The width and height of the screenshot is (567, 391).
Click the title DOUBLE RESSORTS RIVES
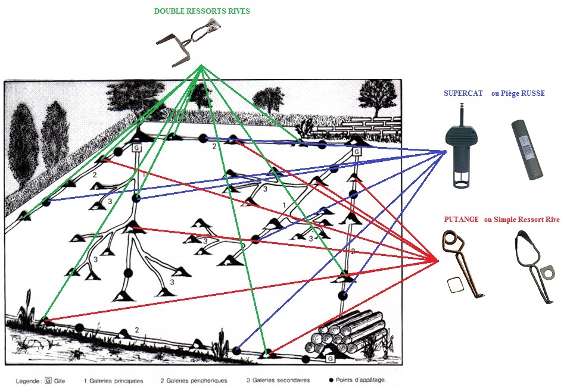202,11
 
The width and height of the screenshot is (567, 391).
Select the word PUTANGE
462,220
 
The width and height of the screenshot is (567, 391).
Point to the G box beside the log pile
330,359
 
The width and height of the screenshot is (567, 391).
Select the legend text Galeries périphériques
194,380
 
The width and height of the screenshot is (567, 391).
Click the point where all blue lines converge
445,152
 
